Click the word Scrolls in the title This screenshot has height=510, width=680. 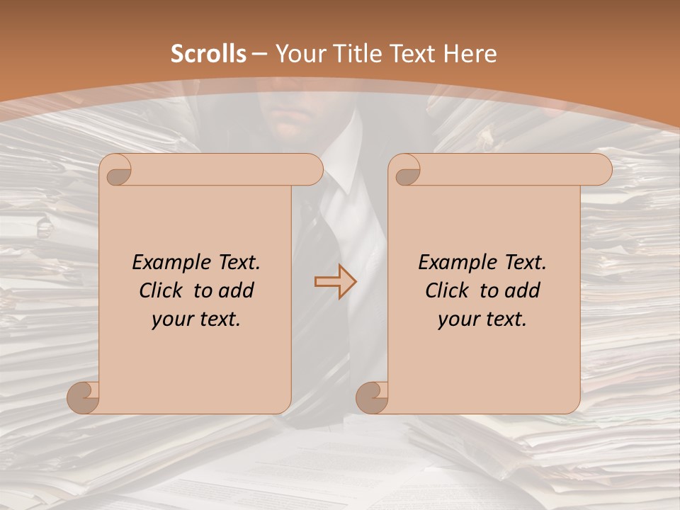pos(209,54)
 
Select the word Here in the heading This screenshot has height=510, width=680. pos(470,54)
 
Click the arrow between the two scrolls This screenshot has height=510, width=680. pos(336,282)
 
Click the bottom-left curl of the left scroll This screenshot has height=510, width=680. pos(84,397)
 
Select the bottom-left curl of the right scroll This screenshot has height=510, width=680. pos(373,397)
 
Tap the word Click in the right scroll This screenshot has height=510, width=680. pos(447,290)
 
